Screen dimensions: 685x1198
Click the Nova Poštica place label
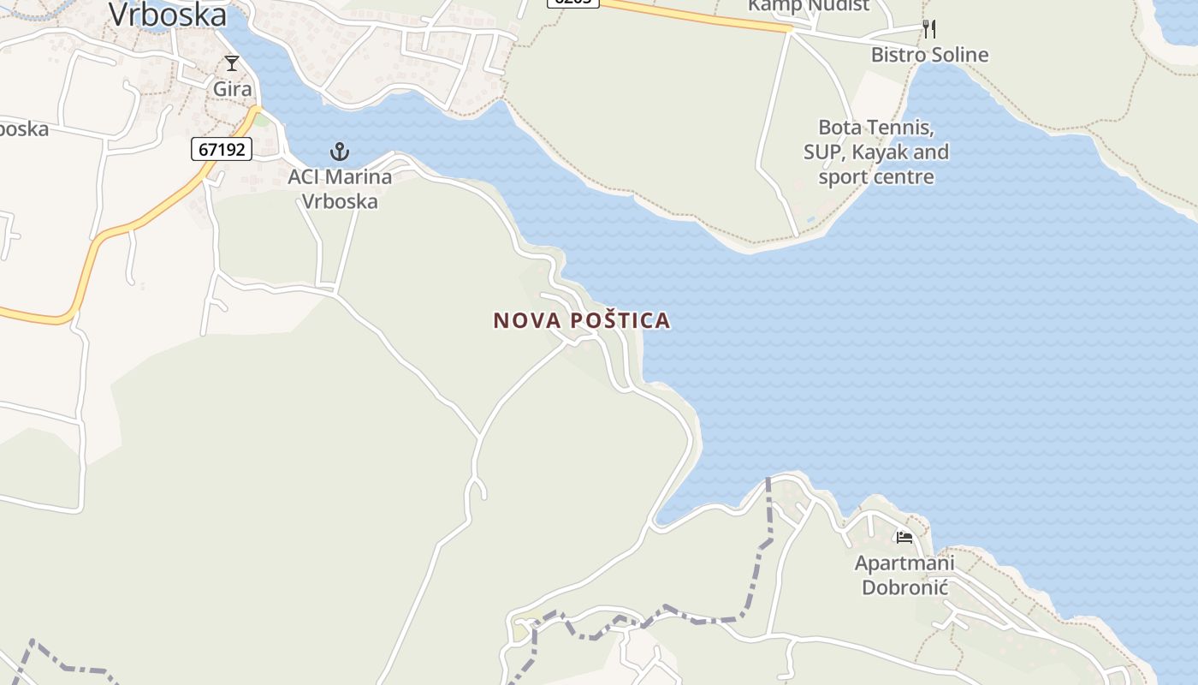click(582, 320)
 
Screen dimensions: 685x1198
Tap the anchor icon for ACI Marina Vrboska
click(340, 152)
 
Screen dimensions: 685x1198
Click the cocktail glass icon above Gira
click(232, 63)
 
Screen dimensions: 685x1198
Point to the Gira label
click(233, 89)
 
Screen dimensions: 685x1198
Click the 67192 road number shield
click(221, 149)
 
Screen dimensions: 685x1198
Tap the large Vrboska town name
click(168, 15)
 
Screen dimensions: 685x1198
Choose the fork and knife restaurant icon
click(929, 29)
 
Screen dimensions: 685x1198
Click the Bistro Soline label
click(929, 55)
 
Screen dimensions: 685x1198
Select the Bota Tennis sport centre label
click(875, 152)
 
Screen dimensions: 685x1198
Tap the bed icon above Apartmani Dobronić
click(904, 538)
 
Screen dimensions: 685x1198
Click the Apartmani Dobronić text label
click(904, 575)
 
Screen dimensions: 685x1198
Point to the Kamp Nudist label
click(808, 5)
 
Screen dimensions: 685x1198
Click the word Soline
click(959, 55)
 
